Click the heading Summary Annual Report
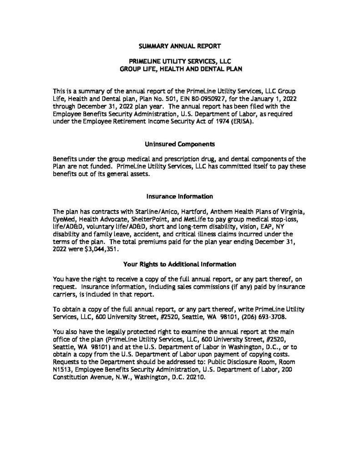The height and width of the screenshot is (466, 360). (180, 46)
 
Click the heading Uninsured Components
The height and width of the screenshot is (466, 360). (179, 144)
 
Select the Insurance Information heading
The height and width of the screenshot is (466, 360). (179, 197)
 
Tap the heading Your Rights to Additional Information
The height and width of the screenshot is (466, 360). (179, 264)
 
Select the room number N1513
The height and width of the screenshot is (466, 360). (62, 370)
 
